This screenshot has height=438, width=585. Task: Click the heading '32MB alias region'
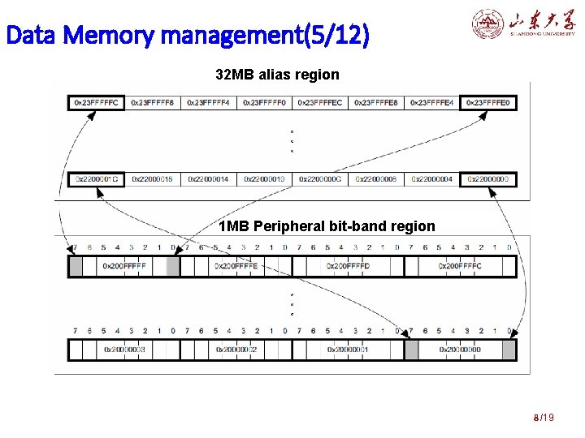pos(277,75)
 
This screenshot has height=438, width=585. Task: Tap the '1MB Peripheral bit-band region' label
pos(327,226)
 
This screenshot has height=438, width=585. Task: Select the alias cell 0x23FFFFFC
pos(96,103)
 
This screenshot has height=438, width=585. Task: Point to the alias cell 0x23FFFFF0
pos(264,103)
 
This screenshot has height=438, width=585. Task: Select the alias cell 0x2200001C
pos(96,179)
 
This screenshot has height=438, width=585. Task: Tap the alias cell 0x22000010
pos(264,179)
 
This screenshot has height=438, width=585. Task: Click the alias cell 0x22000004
pos(431,179)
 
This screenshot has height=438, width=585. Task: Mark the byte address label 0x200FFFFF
pos(124,266)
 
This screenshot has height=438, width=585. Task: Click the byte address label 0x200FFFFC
pos(460,266)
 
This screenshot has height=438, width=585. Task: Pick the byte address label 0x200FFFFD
pos(348,266)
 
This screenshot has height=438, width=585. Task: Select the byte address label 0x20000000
pos(460,350)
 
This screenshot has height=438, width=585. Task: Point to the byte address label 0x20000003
pos(124,350)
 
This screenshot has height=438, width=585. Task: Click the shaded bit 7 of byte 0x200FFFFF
pos(76,266)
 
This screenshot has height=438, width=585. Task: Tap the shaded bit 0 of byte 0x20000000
pos(509,350)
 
